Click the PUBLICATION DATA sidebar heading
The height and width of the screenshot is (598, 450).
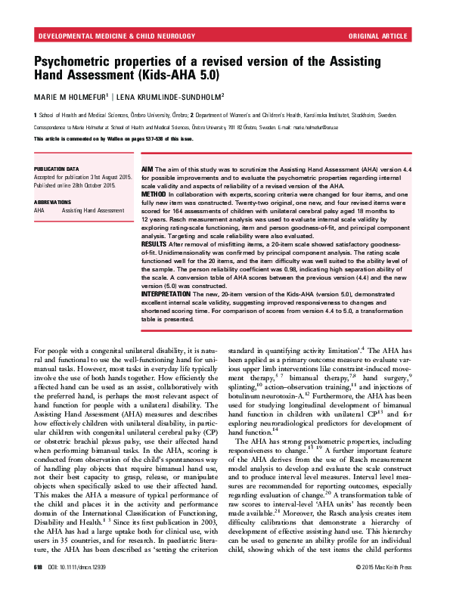57,169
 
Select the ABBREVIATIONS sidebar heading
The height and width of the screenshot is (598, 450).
54,203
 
